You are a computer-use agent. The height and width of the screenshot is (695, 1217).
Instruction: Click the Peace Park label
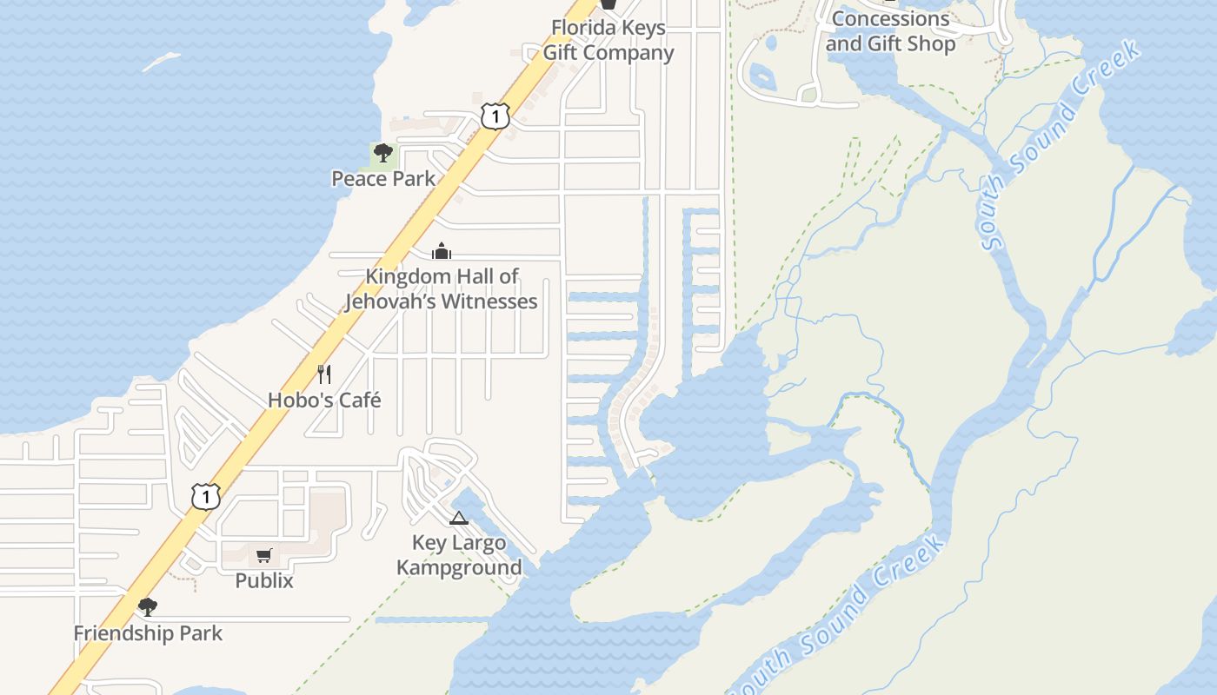[x=383, y=179]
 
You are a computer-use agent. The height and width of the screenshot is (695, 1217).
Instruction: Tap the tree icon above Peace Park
[x=382, y=154]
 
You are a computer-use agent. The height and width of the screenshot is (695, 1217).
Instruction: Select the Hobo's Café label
[x=324, y=400]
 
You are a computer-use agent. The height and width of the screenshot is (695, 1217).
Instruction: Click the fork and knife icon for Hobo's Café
[x=324, y=374]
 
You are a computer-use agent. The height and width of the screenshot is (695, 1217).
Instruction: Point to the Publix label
[x=264, y=580]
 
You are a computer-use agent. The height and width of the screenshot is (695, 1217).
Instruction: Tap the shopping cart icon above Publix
[x=264, y=556]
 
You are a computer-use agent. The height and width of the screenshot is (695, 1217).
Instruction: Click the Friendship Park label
[x=148, y=633]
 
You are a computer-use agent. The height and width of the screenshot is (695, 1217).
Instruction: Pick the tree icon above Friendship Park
[x=148, y=606]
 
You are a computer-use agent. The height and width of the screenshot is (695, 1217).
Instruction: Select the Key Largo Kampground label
[x=459, y=555]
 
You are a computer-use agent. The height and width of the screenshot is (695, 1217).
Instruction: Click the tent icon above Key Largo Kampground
[x=459, y=519]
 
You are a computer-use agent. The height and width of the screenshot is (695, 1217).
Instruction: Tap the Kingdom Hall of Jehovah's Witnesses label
[x=442, y=288]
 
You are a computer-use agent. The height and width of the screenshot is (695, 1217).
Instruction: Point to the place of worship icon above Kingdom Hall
[x=442, y=252]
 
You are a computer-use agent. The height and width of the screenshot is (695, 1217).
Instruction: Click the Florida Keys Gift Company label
[x=608, y=40]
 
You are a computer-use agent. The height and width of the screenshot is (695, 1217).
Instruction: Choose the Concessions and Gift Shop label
[x=891, y=31]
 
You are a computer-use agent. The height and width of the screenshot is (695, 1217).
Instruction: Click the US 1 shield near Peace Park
[x=495, y=116]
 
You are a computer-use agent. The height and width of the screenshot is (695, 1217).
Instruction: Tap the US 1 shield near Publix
[x=206, y=497]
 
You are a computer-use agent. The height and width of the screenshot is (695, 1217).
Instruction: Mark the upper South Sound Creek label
[x=1061, y=146]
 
